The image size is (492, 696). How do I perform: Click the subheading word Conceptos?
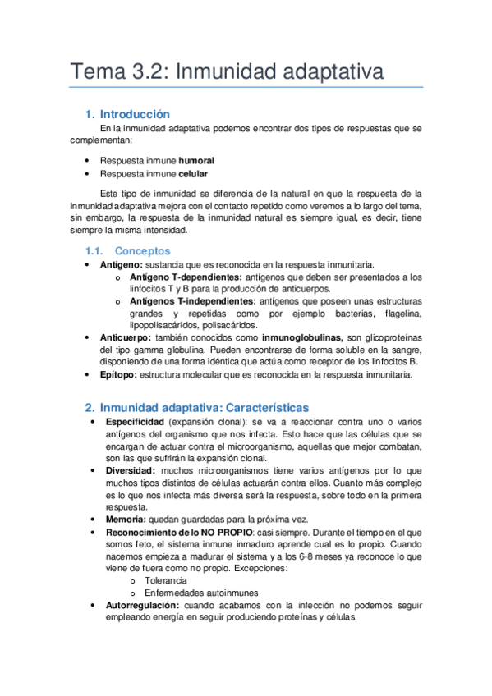143,250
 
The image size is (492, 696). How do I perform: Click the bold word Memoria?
126,520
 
